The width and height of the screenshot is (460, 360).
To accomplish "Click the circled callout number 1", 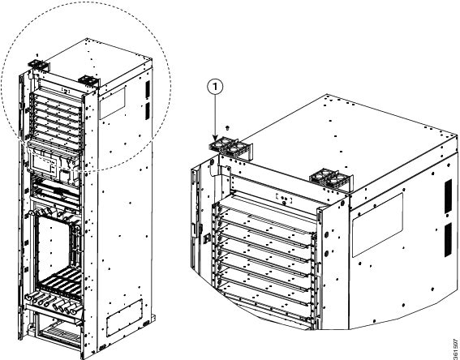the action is (216, 88).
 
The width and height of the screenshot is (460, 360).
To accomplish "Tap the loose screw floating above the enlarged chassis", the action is (227, 128).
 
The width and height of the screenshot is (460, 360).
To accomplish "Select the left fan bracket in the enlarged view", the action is (231, 148).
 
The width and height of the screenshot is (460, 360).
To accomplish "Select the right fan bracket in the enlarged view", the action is (332, 179).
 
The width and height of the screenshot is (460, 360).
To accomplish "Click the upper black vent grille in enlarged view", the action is (449, 196).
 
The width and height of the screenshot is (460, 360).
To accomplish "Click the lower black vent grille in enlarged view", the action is (449, 240).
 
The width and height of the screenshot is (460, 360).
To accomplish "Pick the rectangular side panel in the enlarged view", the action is (377, 225).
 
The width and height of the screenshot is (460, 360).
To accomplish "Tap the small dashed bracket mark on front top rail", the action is (284, 199).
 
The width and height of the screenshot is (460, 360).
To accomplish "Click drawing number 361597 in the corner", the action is (456, 349).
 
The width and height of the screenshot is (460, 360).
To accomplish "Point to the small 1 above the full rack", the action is (37, 55).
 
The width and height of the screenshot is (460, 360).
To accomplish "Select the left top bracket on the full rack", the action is (37, 66).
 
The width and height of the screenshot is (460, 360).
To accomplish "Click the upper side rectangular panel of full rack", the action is (112, 103).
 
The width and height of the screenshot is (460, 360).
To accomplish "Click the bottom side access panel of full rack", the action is (124, 318).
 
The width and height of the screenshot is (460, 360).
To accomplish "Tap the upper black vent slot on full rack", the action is (148, 90).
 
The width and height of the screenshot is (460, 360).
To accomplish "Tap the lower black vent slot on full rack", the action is (148, 111).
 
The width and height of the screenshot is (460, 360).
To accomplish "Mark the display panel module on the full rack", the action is (44, 165).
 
